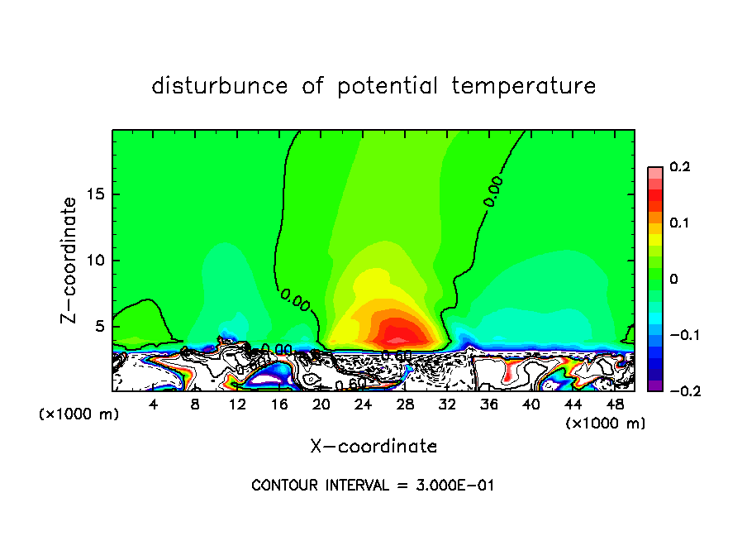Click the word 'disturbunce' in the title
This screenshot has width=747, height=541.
(x=220, y=86)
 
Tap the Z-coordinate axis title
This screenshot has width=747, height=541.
(x=71, y=260)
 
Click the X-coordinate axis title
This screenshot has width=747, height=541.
(x=373, y=447)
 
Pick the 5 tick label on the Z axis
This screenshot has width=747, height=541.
(x=101, y=326)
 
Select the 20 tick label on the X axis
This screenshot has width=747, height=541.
(x=321, y=405)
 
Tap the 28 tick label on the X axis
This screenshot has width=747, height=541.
(x=405, y=405)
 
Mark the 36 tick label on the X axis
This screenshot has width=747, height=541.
(x=489, y=405)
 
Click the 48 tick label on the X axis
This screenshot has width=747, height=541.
(x=615, y=405)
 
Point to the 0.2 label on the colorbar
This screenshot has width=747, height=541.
(x=679, y=167)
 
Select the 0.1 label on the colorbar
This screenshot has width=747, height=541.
(x=679, y=223)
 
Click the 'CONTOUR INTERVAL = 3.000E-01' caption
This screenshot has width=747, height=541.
(x=373, y=486)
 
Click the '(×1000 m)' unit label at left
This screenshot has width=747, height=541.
(x=79, y=414)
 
